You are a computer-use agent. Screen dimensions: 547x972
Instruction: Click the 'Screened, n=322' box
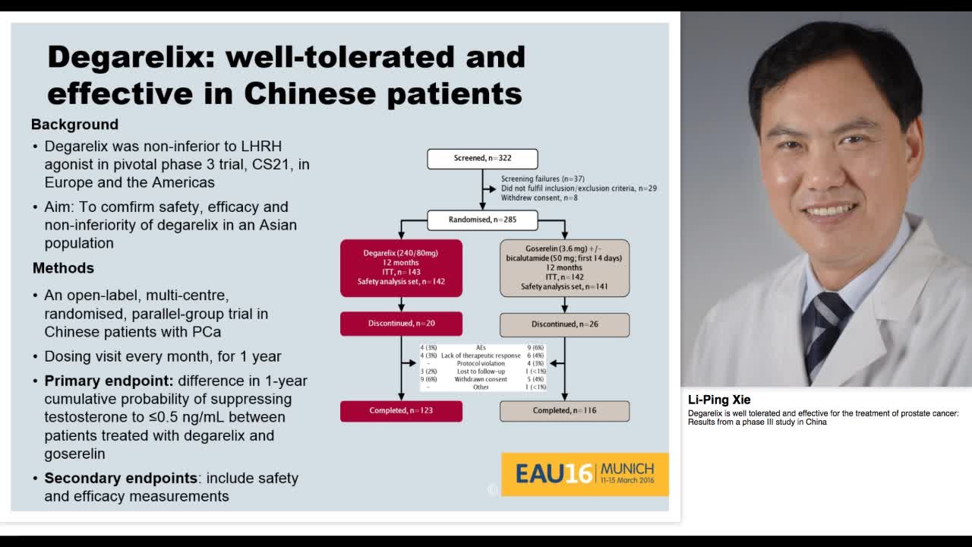tap(482, 159)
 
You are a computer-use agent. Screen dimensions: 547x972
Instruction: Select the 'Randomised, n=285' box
tap(482, 220)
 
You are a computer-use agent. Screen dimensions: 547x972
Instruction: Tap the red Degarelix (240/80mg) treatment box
tap(401, 267)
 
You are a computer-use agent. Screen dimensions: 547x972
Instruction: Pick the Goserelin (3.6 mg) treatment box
tap(564, 267)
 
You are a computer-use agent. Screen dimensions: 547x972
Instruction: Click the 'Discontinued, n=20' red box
tap(401, 324)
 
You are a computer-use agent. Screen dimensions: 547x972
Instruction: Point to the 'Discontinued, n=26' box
tap(564, 324)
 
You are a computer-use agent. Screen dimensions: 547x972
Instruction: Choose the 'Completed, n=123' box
tap(401, 411)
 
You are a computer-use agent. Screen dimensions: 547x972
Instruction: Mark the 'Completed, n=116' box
tap(564, 411)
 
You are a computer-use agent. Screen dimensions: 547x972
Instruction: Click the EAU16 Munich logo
tap(585, 474)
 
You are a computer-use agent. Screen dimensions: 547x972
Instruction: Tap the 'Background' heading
tap(74, 125)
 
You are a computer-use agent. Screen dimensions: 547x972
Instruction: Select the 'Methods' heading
tap(63, 268)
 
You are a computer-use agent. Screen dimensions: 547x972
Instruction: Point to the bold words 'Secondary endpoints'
tap(121, 478)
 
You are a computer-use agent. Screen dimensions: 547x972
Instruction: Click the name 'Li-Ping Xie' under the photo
tap(719, 400)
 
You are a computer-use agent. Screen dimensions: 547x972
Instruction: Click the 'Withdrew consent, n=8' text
tap(539, 198)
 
